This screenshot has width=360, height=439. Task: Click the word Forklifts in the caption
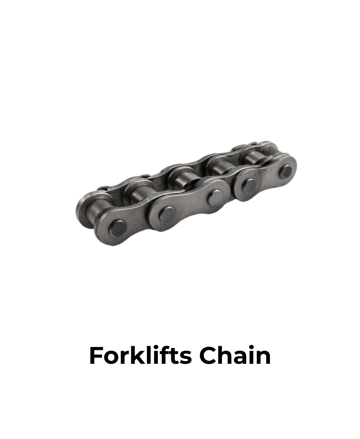point(140,355)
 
